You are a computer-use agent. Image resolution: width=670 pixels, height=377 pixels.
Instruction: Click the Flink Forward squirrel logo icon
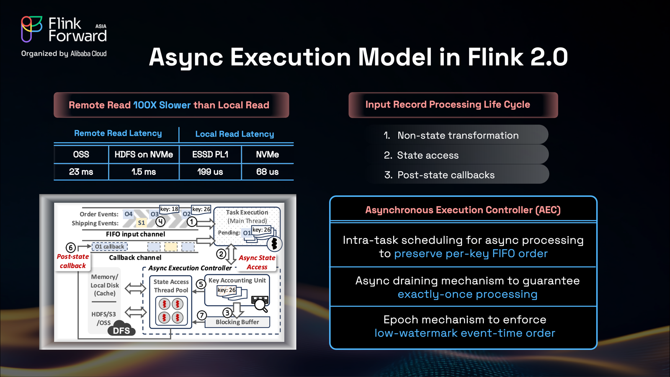(31, 29)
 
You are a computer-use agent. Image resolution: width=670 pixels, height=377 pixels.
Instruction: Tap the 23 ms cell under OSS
(81, 172)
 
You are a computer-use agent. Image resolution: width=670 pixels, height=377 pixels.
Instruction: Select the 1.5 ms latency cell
(144, 172)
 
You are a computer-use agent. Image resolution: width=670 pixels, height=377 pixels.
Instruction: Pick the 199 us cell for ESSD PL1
(210, 172)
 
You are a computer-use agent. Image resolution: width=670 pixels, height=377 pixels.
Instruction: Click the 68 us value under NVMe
(268, 172)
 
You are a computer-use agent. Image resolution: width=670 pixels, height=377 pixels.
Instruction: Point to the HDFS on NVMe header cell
(144, 155)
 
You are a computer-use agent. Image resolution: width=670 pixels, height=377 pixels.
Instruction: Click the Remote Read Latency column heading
(118, 133)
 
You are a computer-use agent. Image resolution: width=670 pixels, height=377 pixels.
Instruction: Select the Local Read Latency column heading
(234, 134)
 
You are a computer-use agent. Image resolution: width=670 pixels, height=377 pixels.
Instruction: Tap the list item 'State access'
(428, 155)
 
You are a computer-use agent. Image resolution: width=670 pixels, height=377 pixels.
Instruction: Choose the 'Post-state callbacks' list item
(446, 175)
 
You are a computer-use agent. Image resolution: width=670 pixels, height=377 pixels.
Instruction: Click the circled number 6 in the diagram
(71, 248)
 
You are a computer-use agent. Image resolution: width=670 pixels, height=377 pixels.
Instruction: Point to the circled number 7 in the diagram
(202, 315)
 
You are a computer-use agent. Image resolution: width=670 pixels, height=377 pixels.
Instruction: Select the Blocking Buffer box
(237, 322)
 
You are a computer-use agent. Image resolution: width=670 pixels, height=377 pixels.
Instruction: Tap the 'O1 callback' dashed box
(109, 247)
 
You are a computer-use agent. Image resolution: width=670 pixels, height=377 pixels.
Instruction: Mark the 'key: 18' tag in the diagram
(169, 209)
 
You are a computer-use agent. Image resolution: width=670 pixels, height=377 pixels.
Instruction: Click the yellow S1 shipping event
(141, 222)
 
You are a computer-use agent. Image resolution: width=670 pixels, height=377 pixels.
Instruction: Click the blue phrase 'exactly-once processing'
(467, 294)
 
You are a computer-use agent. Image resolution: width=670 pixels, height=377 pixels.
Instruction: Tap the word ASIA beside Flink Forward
(101, 26)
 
